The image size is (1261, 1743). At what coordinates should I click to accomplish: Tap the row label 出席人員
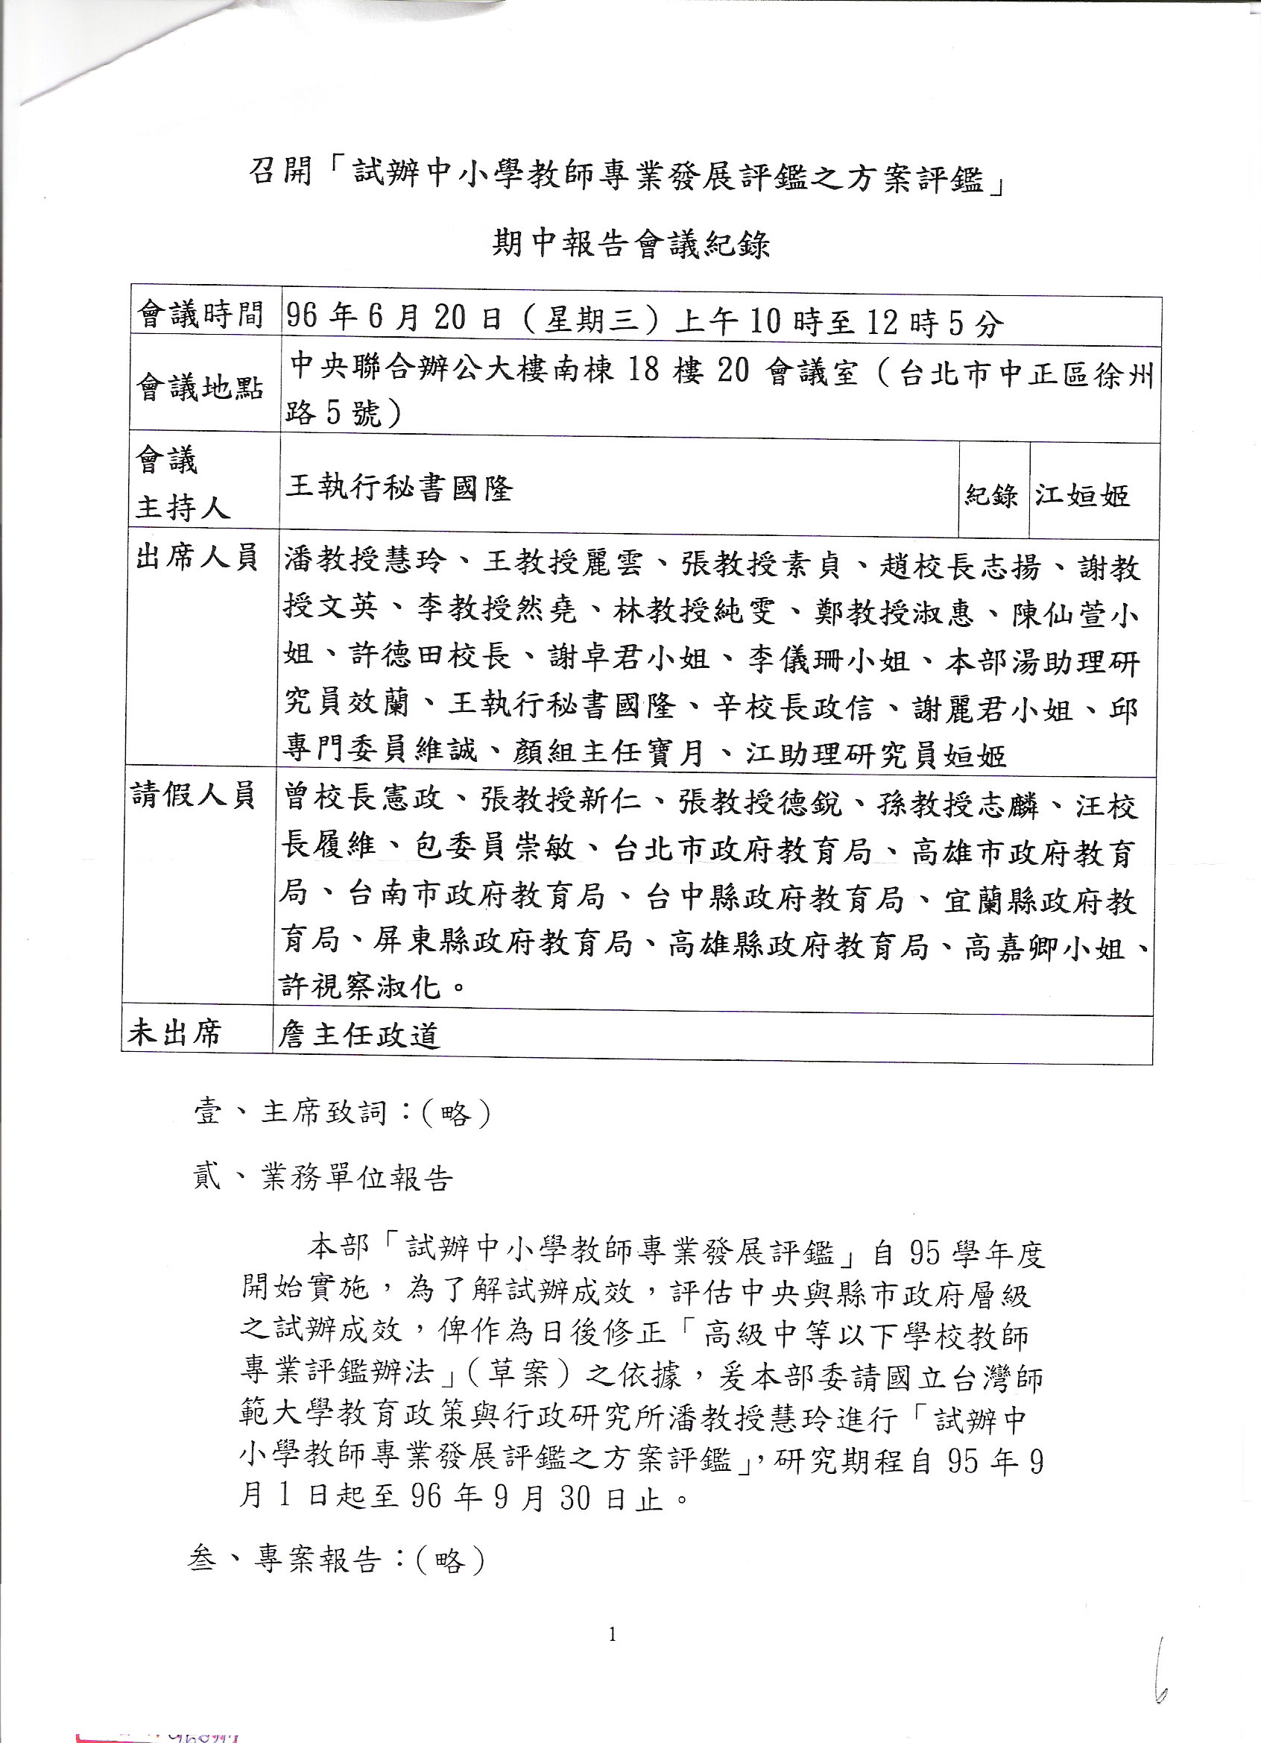point(197,557)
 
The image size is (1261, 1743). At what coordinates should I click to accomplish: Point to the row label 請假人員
point(194,795)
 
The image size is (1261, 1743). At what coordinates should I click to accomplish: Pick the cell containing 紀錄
point(991,495)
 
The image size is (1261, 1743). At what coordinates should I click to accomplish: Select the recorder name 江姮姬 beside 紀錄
point(1082,495)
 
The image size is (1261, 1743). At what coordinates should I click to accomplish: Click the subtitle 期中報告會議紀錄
point(630,245)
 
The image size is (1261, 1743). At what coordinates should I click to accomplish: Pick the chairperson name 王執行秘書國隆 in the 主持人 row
point(399,488)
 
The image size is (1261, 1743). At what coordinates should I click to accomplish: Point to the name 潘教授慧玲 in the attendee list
point(364,562)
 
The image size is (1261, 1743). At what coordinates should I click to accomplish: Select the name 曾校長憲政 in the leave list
point(363,799)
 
